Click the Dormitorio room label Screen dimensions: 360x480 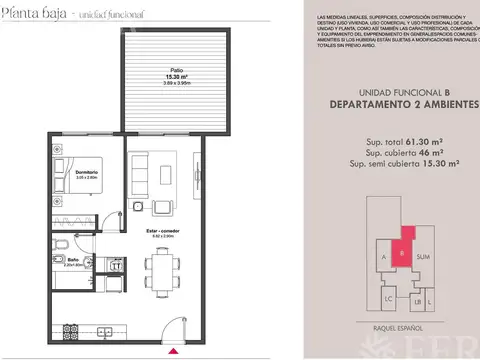point(85,173)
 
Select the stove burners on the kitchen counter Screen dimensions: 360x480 point(69,329)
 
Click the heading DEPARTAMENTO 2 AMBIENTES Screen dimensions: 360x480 point(403,103)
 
